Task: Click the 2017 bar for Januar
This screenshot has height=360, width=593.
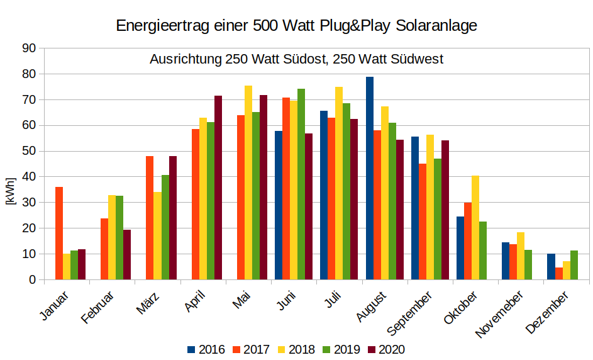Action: pyautogui.click(x=59, y=233)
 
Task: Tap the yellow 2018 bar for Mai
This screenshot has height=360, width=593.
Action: pyautogui.click(x=248, y=183)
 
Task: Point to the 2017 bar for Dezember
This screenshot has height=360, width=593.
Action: pyautogui.click(x=559, y=274)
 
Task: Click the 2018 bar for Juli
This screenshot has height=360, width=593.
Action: pyautogui.click(x=339, y=183)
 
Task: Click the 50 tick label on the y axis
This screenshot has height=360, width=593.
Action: pyautogui.click(x=28, y=151)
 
